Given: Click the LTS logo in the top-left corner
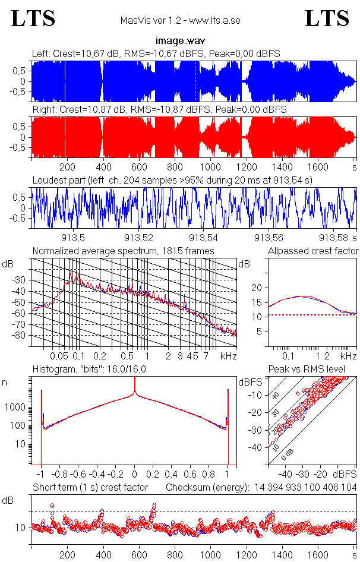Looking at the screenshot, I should pyautogui.click(x=33, y=18).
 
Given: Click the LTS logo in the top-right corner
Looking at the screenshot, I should pyautogui.click(x=327, y=18).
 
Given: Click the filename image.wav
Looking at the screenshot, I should pyautogui.click(x=180, y=41).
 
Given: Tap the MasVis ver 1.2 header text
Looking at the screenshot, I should pyautogui.click(x=180, y=21).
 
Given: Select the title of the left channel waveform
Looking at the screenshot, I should pyautogui.click(x=156, y=54).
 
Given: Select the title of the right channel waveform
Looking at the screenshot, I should pyautogui.click(x=159, y=110).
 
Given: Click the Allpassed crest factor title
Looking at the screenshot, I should pyautogui.click(x=313, y=251).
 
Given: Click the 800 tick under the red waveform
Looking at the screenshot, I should pyautogui.click(x=174, y=167).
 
